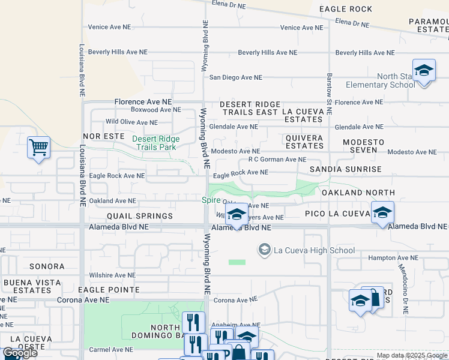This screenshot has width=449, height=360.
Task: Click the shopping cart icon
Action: (x=38, y=147)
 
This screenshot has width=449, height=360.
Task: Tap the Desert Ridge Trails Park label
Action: (x=155, y=142)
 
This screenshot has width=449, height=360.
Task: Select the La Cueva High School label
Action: (x=314, y=250)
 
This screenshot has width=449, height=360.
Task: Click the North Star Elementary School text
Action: (x=396, y=80)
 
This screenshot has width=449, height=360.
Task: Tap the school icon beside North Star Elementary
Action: (x=424, y=70)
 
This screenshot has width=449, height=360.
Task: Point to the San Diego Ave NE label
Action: (x=235, y=77)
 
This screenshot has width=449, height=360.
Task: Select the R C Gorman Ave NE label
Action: (x=277, y=160)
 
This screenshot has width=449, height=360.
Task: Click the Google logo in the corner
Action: (x=20, y=353)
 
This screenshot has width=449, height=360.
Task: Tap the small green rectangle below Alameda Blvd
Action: (x=237, y=262)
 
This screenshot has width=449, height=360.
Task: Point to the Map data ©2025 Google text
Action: (x=411, y=355)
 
